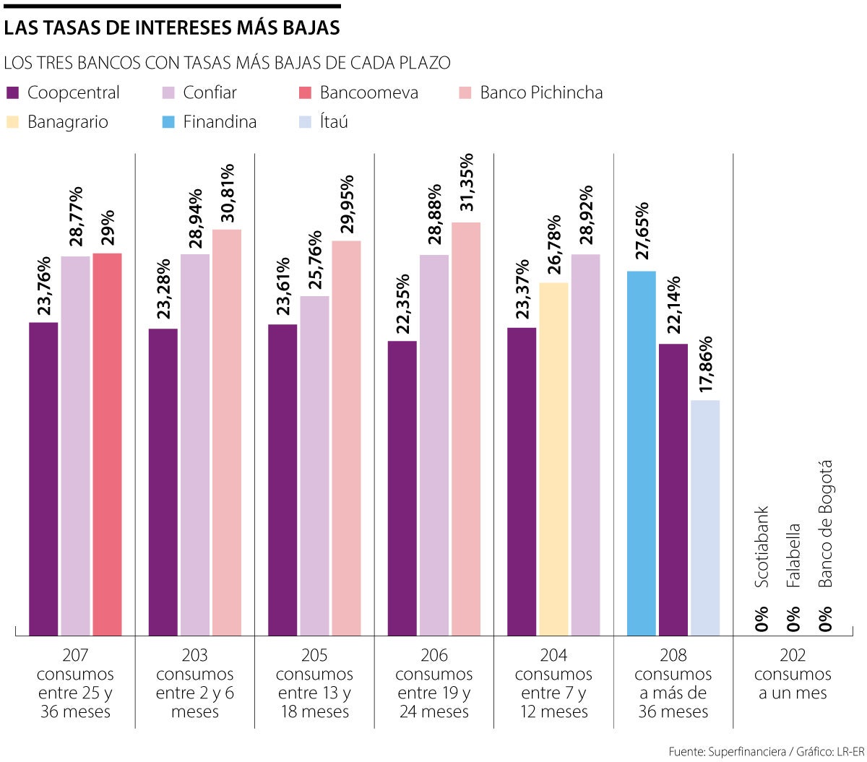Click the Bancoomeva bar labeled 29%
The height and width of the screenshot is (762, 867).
(107, 444)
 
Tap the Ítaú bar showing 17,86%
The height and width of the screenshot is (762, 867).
(705, 517)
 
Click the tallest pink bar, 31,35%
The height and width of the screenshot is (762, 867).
(466, 429)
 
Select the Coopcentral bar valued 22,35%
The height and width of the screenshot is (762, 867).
(402, 488)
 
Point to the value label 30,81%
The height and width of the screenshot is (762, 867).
(228, 196)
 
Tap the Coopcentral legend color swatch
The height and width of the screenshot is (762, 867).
(12, 93)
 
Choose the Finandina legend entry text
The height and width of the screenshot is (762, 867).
(220, 122)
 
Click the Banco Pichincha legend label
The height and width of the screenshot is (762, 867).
(541, 92)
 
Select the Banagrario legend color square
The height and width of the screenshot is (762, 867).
(12, 122)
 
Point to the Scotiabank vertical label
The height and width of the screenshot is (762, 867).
(762, 547)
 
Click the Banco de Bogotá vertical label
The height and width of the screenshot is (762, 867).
(825, 524)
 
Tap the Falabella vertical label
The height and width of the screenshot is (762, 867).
(793, 555)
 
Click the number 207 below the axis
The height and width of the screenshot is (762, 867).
(75, 656)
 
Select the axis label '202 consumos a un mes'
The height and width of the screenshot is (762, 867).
(793, 675)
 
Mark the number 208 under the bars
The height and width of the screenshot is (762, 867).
(673, 656)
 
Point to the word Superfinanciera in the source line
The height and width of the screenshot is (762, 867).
(747, 752)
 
